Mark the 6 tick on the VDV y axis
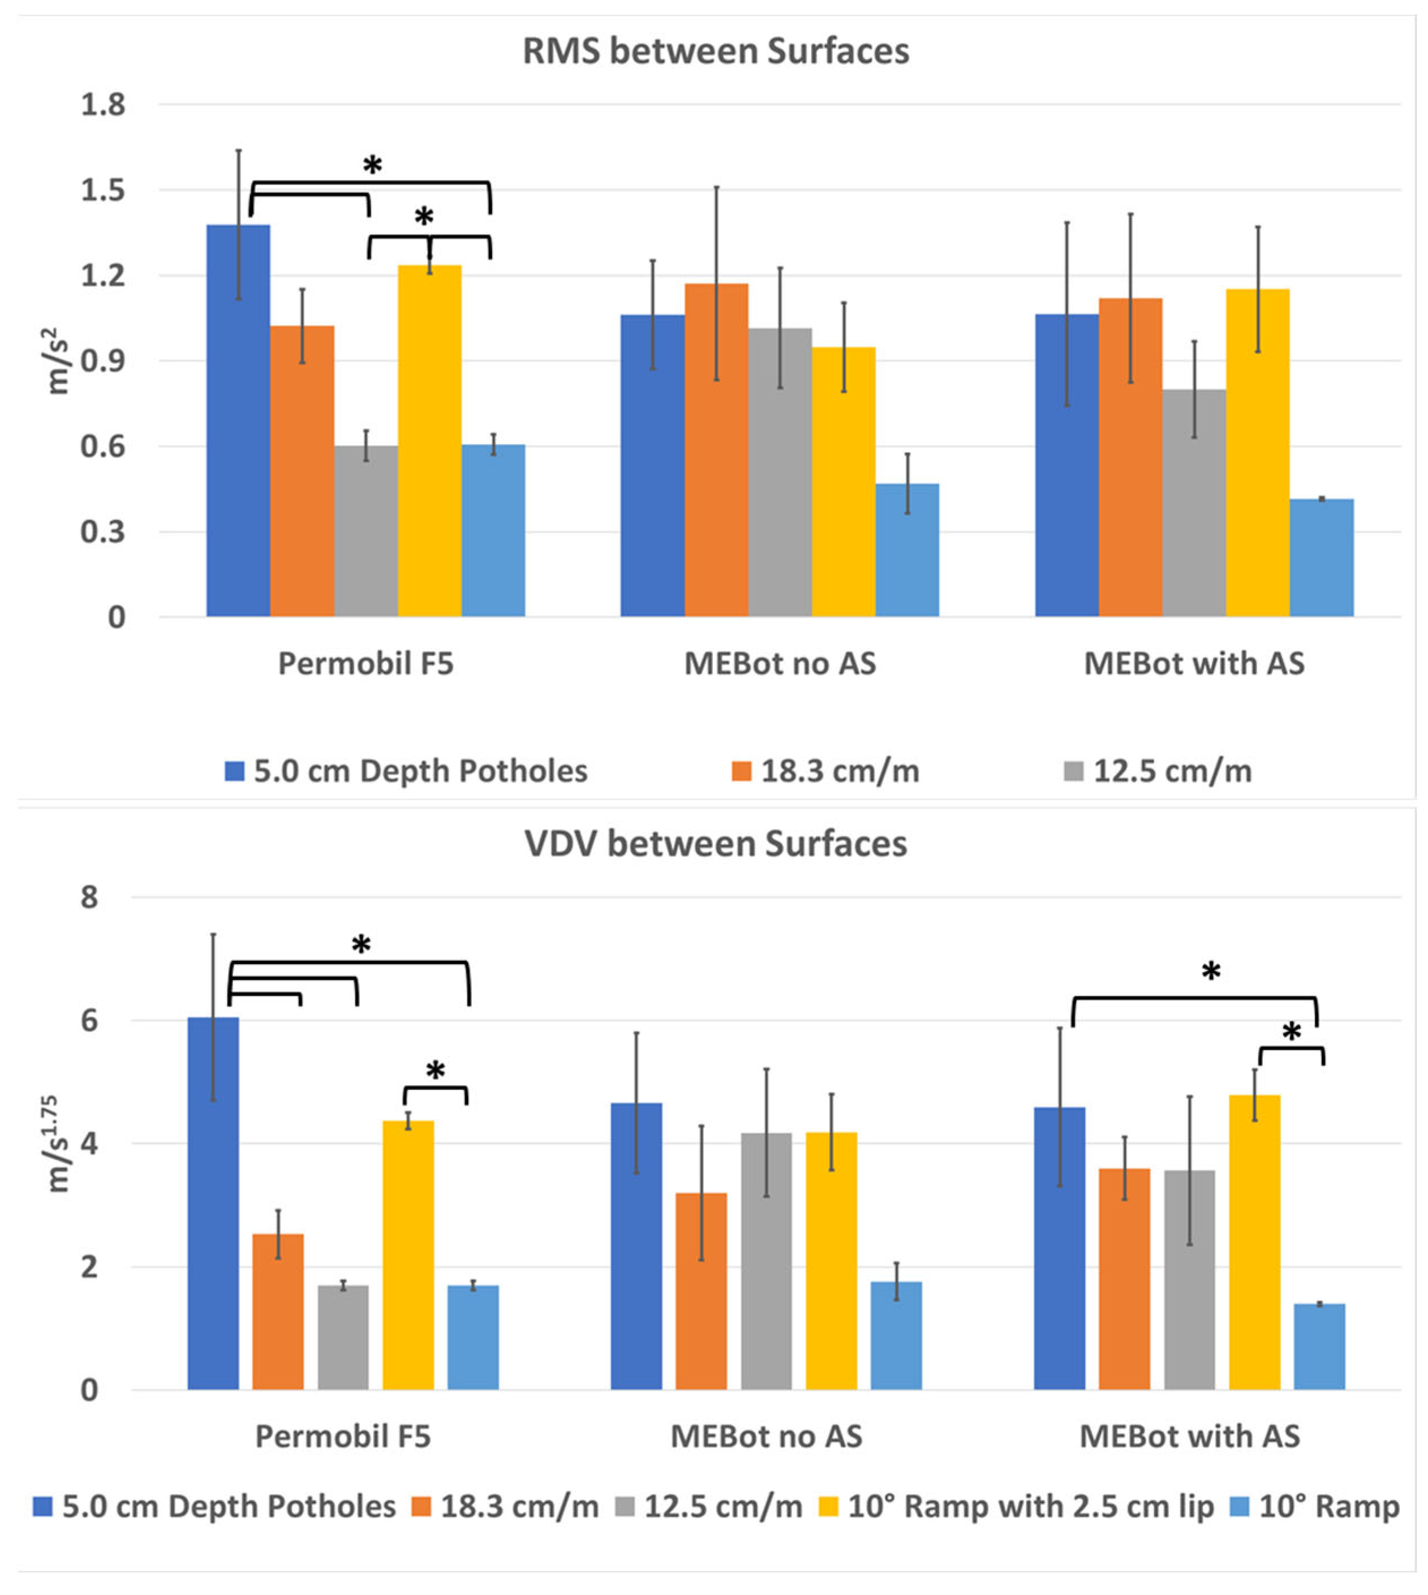(89, 1021)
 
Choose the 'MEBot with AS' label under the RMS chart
(1193, 664)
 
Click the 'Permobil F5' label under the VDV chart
(343, 1437)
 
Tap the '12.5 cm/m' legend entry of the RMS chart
(1172, 772)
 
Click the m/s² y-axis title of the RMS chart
(57, 366)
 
